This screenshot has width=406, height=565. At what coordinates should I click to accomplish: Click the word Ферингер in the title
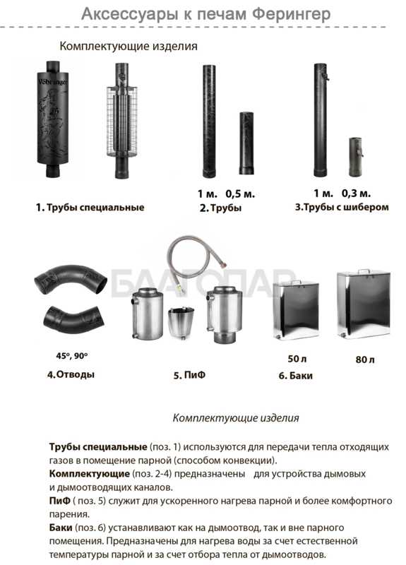coord(291,13)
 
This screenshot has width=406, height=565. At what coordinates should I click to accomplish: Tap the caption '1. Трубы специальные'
coord(90,208)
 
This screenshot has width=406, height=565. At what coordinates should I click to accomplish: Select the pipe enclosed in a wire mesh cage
coord(121,120)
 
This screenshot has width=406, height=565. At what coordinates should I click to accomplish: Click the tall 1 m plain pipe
coord(209,121)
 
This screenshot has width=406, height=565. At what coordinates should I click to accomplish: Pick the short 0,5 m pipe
coord(246,143)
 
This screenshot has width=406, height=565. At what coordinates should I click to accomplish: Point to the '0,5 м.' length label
coord(240,194)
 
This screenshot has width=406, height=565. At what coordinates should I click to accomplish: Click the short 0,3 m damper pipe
coord(356,157)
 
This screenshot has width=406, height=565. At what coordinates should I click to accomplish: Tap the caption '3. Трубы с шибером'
coord(342,207)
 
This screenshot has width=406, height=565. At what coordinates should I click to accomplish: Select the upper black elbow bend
coord(71,277)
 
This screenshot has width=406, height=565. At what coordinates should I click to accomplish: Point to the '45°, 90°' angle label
coord(72,356)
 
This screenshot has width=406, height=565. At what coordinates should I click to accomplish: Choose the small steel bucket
coord(181,323)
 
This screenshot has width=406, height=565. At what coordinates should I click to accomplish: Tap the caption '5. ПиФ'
coord(189,375)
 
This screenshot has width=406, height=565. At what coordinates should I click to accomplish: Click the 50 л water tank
coord(295,310)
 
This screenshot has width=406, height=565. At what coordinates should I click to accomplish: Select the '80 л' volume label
coord(365,359)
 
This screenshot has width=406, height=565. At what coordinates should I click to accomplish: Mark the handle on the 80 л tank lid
coord(364,271)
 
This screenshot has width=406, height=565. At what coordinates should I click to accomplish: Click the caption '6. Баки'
coord(295,376)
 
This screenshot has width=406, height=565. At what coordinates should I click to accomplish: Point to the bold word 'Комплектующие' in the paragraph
coord(90,474)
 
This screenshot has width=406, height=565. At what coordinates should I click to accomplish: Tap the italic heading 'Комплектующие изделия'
coord(236,418)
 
